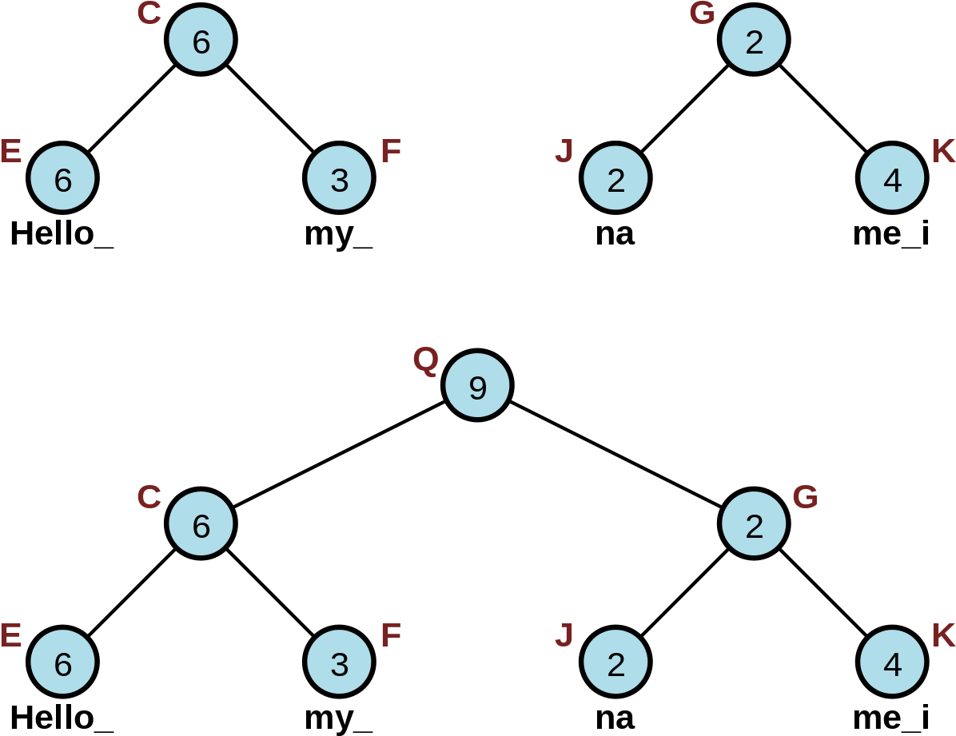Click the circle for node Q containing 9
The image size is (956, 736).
(x=477, y=386)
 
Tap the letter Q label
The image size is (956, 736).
(x=426, y=360)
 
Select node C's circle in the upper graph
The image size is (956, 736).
(x=201, y=40)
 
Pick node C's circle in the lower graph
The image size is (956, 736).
(x=201, y=524)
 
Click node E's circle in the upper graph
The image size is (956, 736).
(x=62, y=178)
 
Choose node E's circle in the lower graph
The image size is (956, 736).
(x=62, y=662)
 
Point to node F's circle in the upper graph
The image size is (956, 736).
(x=339, y=178)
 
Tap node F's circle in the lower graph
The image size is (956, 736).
(x=339, y=662)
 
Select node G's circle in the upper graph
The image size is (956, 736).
(x=754, y=40)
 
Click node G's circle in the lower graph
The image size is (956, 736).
(x=754, y=524)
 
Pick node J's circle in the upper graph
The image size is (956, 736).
(x=615, y=178)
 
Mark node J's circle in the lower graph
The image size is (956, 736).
(x=615, y=662)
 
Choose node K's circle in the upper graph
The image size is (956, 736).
(x=892, y=178)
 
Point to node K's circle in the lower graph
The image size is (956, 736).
(x=892, y=662)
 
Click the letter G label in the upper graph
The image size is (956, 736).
(x=702, y=14)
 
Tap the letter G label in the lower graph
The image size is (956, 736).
(x=805, y=497)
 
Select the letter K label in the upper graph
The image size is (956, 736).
(x=943, y=151)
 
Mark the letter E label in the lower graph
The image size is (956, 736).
(x=10, y=635)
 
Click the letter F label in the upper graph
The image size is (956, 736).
(x=390, y=151)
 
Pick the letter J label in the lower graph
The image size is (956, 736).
(x=564, y=635)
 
